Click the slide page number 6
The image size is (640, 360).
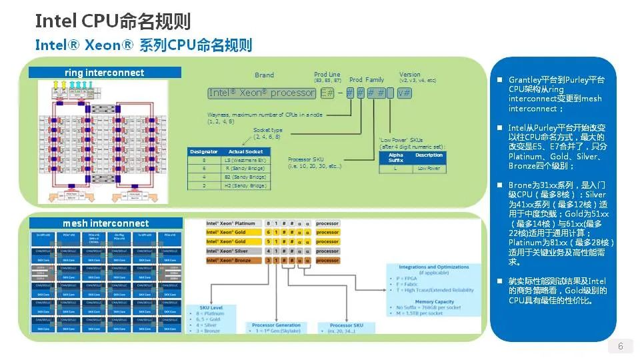pos(621,346)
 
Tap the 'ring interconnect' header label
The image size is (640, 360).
pos(104,72)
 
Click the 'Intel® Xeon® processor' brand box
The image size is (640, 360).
pos(261,93)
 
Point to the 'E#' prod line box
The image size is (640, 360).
pos(327,93)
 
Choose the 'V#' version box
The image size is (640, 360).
pos(404,93)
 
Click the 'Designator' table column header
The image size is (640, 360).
pos(203,151)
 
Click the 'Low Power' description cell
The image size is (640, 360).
pos(429,169)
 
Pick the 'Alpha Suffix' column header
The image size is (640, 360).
pos(395,157)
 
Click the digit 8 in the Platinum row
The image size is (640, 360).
pos(269,223)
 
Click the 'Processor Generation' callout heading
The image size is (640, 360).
pos(277,325)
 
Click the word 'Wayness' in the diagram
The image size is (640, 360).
pos(218,115)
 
